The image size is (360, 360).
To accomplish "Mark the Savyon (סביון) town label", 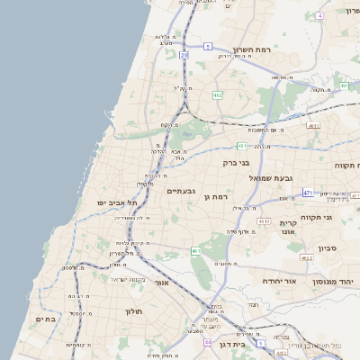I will pyautogui.click(x=327, y=247).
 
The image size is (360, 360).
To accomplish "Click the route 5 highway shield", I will pyautogui.click(x=207, y=46).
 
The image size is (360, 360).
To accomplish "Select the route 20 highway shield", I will pyautogui.click(x=184, y=55).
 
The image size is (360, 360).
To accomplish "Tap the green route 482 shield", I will pyautogui.click(x=217, y=94).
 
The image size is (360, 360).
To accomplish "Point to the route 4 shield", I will pyautogui.click(x=319, y=16).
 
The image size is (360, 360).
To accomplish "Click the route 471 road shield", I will pyautogui.click(x=308, y=193).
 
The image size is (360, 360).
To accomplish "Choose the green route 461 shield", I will pyautogui.click(x=196, y=251).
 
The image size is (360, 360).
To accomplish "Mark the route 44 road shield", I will pyautogui.click(x=208, y=342).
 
